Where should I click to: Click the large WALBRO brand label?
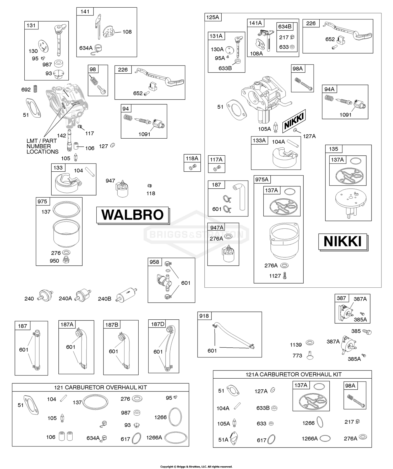click(132, 215)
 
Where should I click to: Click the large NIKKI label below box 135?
click(343, 241)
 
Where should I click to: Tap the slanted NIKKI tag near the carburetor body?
click(294, 121)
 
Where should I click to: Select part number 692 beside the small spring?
click(26, 90)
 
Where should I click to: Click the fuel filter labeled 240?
click(46, 296)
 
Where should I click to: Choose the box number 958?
click(154, 262)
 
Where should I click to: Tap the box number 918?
click(204, 316)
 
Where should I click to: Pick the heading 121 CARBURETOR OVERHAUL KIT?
click(100, 387)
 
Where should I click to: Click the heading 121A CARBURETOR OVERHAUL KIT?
click(293, 374)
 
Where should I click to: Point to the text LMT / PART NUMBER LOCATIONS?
click(42, 146)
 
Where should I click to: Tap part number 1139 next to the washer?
click(296, 345)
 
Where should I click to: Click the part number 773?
click(297, 356)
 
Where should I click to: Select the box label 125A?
click(212, 17)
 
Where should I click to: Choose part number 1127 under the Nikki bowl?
click(275, 276)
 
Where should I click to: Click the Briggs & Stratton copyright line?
click(196, 466)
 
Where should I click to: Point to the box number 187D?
click(158, 324)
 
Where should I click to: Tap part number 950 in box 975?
click(54, 261)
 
